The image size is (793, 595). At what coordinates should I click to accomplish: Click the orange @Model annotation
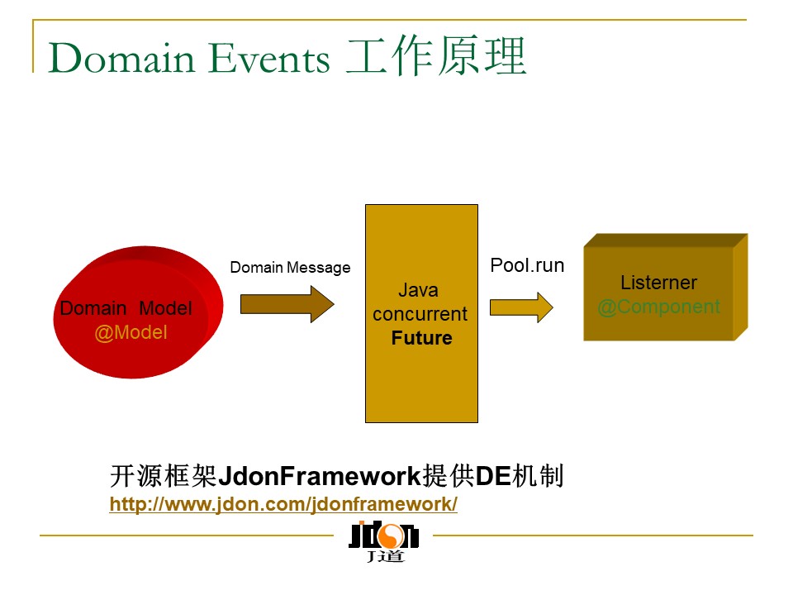[131, 333]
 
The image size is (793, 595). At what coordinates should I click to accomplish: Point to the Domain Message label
[290, 268]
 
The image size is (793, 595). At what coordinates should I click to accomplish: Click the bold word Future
[421, 338]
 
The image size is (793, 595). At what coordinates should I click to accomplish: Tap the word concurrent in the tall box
[420, 314]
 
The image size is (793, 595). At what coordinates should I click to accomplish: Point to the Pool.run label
[527, 265]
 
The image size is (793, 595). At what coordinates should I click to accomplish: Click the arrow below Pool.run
[521, 307]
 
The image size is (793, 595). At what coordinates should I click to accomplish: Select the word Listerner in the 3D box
[658, 283]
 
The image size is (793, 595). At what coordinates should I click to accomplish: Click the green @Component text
[658, 307]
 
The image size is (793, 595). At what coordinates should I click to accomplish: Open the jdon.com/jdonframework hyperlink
[283, 504]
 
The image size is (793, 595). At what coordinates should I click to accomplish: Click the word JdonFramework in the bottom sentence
[319, 477]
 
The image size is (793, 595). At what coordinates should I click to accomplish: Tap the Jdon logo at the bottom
[384, 541]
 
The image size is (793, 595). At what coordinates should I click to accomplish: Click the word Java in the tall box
[418, 290]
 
